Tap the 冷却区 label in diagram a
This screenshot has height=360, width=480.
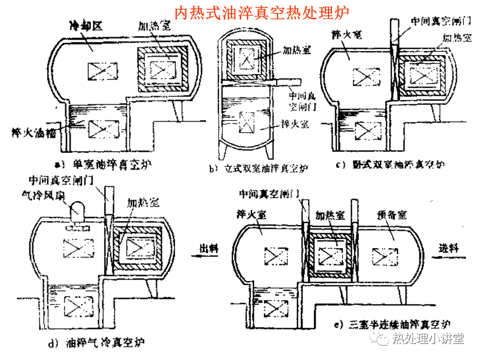(85, 26)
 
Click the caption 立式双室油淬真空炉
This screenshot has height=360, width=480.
(260, 168)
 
